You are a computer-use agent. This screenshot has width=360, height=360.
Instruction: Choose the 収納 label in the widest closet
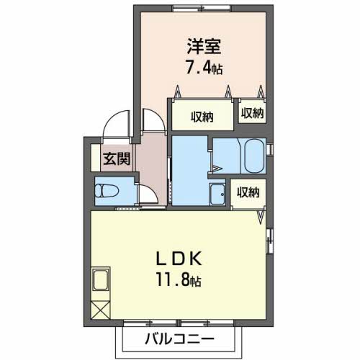[x=203, y=115]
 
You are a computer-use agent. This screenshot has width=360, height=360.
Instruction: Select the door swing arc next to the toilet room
[x=146, y=194]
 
